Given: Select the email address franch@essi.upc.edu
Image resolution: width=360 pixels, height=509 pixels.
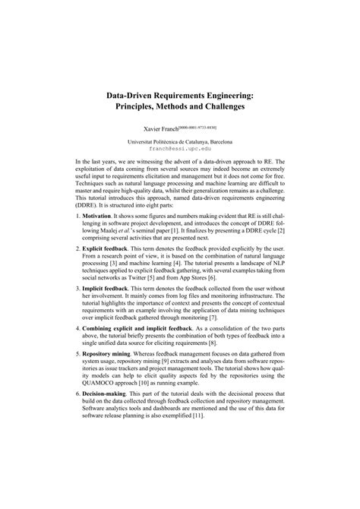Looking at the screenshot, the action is tap(179, 149).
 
